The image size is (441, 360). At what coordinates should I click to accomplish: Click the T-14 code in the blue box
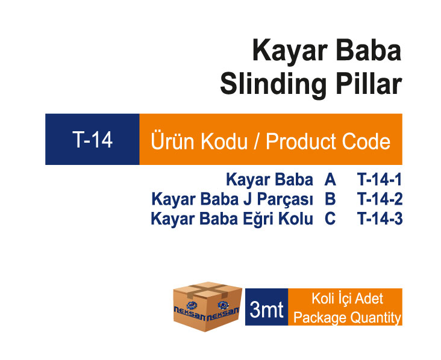92,140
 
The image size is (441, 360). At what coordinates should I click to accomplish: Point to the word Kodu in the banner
224,140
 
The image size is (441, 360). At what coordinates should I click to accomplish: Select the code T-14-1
379,179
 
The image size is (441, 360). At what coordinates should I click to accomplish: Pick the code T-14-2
380,199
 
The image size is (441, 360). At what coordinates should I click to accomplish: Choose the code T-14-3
380,219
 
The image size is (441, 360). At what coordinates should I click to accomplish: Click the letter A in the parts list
330,179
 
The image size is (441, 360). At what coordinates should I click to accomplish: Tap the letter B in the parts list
330,199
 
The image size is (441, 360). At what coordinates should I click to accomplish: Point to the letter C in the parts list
330,219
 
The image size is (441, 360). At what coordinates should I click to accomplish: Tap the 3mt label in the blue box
266,309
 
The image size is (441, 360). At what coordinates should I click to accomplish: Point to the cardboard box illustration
208,306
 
